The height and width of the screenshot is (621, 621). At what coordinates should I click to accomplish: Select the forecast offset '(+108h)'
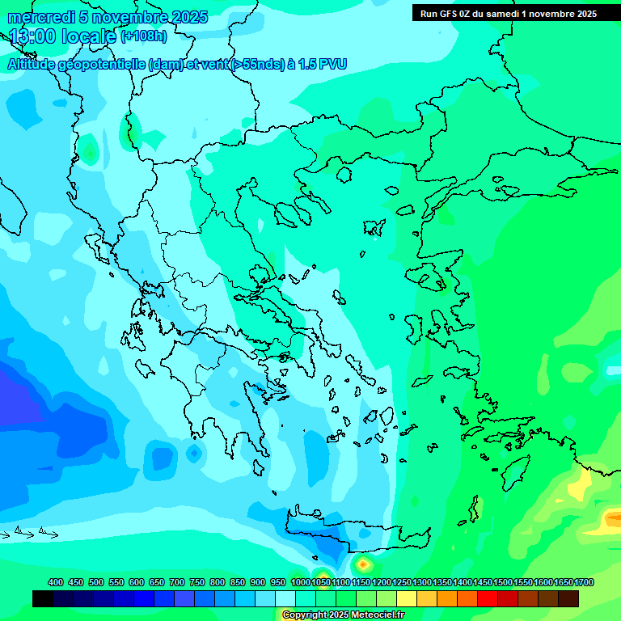(x=143, y=36)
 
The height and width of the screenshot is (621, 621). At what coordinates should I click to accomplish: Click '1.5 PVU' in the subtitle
(x=323, y=64)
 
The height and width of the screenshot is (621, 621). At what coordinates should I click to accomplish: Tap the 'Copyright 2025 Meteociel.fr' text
(x=343, y=615)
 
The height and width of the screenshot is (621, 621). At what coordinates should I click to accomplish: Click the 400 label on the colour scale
(x=56, y=583)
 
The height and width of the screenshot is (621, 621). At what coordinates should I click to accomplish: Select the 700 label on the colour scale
(x=176, y=583)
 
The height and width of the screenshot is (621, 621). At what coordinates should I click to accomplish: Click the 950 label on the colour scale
(x=277, y=583)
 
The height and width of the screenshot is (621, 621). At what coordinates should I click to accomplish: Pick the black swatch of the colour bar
(x=43, y=598)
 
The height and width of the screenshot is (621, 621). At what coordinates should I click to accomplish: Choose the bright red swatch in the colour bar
(x=488, y=598)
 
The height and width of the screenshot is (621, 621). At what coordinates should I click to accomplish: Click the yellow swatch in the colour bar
(x=407, y=598)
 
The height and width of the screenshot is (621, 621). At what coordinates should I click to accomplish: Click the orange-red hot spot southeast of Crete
(x=363, y=563)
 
